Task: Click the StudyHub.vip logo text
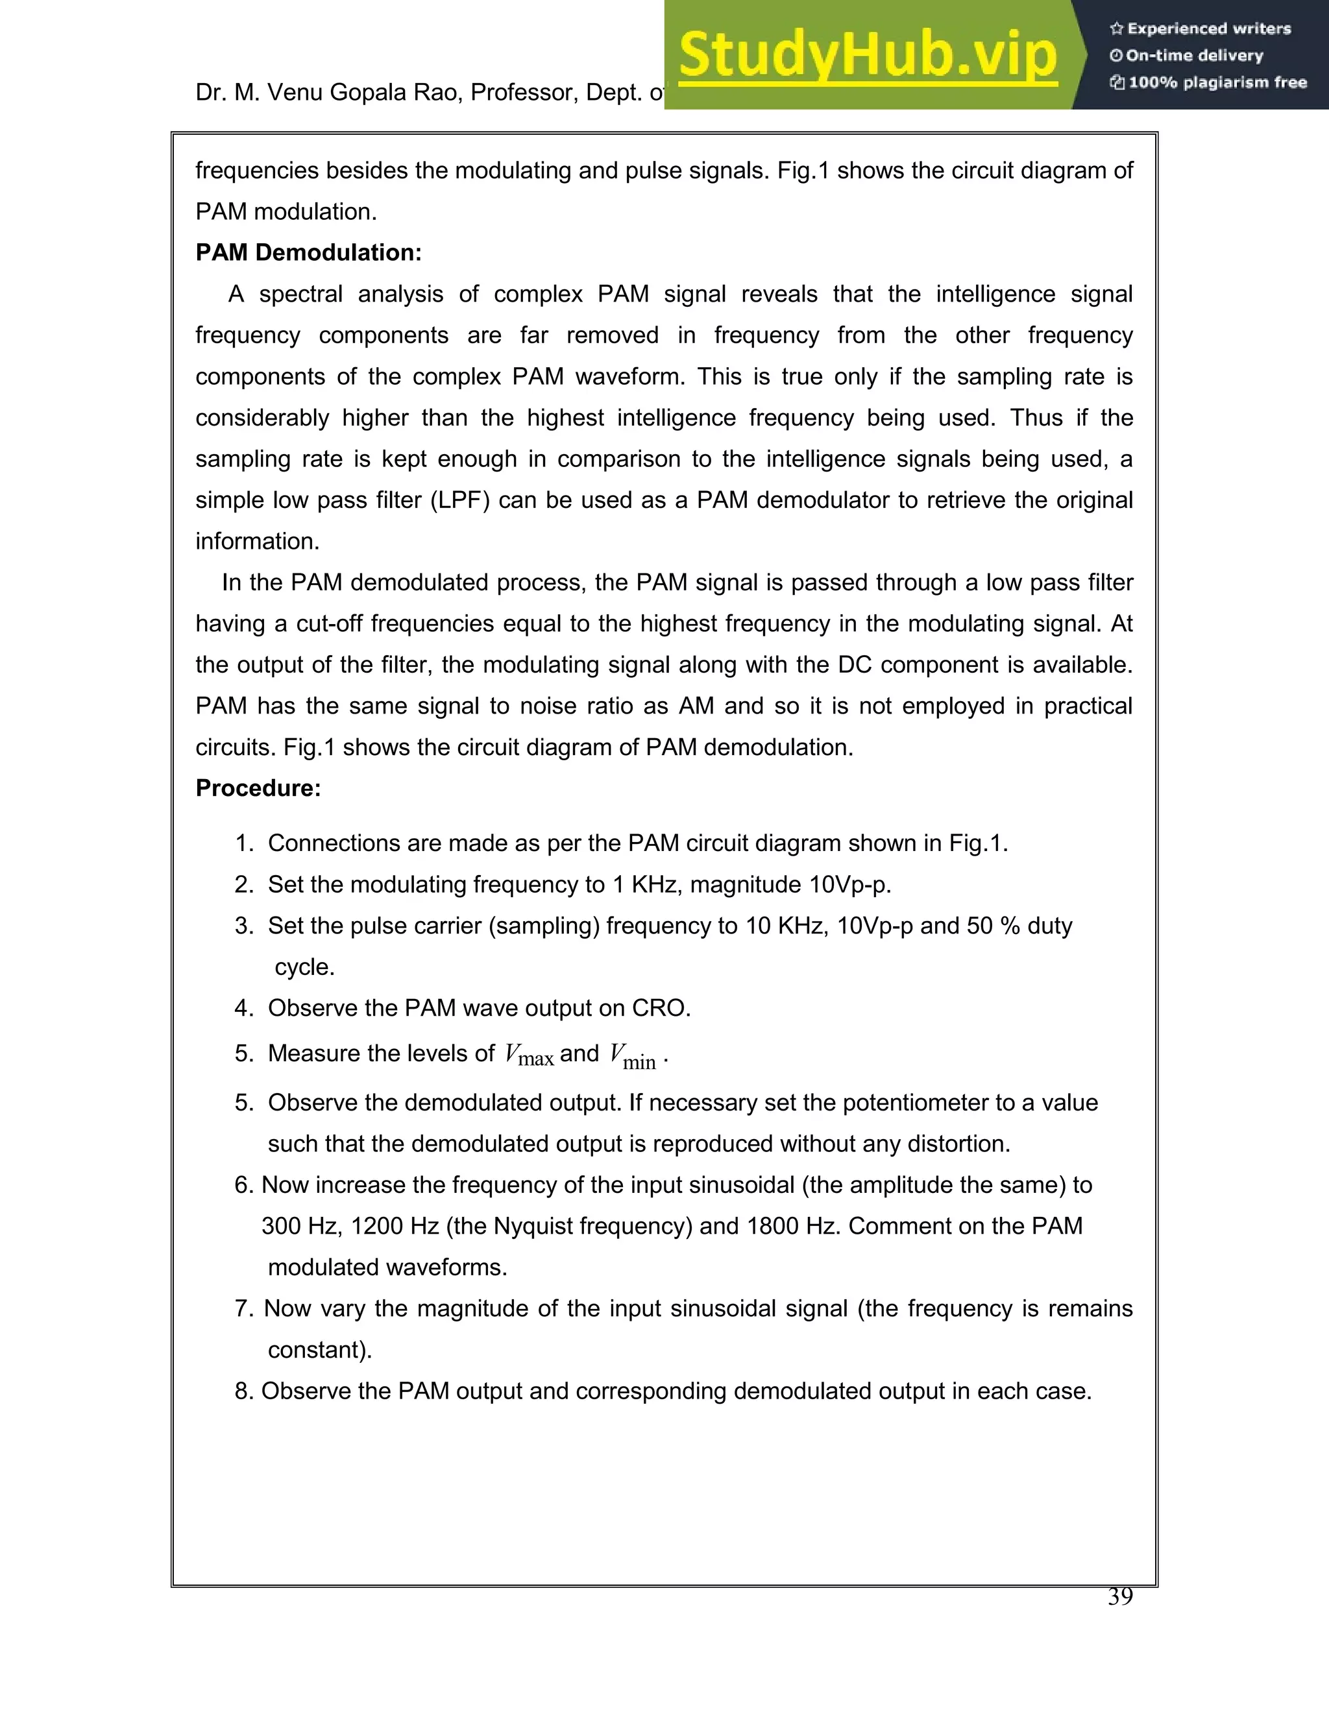pos(867,55)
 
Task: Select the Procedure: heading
pos(258,788)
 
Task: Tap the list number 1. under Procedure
pos(244,844)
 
